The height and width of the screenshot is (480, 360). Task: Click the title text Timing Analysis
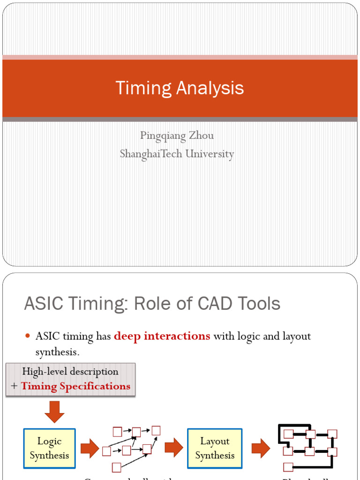[180, 88]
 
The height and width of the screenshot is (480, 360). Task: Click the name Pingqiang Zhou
[177, 136]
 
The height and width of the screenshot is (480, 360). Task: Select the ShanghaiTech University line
[177, 154]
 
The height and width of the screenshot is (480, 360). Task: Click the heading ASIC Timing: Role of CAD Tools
[152, 304]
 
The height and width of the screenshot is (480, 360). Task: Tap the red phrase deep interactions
[162, 336]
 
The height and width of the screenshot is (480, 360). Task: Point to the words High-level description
[70, 371]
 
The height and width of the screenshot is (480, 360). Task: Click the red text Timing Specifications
[75, 387]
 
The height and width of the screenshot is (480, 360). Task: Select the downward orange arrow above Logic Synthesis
[54, 411]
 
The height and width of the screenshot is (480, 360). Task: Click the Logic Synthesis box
[49, 448]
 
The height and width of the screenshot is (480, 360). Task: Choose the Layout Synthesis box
[215, 448]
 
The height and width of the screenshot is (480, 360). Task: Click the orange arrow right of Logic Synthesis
[90, 449]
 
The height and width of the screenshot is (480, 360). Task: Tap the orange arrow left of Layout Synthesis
[173, 449]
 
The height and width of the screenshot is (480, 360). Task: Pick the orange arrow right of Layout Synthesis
[261, 449]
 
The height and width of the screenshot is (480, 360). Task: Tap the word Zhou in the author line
[202, 136]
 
